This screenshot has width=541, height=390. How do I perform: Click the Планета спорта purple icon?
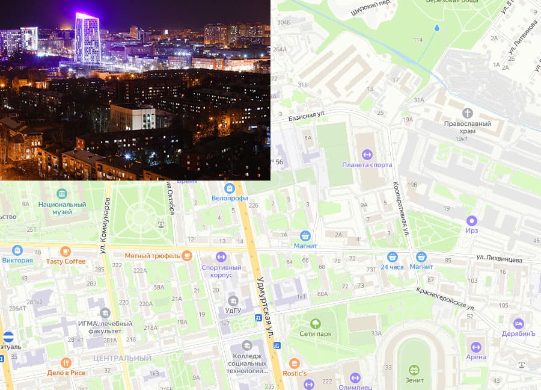pos(367,154)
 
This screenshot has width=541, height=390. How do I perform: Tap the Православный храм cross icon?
pos(467,113)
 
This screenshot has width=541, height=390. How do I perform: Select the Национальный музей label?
pos(63,205)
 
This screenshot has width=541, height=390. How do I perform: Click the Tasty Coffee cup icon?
pos(66,252)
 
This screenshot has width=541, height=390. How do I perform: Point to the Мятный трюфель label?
pos(152,256)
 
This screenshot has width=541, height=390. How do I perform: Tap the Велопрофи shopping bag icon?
pos(230,188)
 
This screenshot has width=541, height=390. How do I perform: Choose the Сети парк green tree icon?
pos(316,323)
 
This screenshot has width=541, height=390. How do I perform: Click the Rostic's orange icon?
pos(294,364)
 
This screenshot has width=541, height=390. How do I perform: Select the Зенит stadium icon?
pos(414,370)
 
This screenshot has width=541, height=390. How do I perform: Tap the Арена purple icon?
pos(476,347)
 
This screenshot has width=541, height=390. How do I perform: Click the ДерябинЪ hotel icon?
pos(519,324)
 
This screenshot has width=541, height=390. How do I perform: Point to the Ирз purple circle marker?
pos(472,221)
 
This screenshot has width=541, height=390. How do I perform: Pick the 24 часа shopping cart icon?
pos(393,256)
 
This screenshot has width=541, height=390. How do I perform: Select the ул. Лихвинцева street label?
pos(499,259)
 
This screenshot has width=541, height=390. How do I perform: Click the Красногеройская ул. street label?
pos(445,299)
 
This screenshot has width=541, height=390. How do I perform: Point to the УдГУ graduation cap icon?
pos(233,300)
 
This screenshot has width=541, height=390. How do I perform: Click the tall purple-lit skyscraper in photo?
pos(88,39)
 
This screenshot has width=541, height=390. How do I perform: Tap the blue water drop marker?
pos(437,28)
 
